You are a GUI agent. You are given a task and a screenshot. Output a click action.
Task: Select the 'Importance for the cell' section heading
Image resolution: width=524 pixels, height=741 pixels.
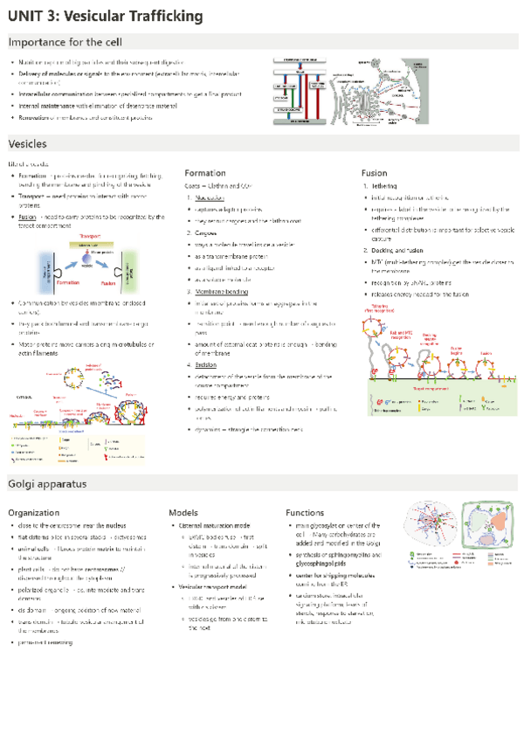(65, 42)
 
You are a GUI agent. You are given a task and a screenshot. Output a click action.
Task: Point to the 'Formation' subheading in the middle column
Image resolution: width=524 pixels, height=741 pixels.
(205, 173)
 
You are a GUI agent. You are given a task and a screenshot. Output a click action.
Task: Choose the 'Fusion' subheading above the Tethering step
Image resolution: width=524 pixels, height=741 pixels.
(375, 173)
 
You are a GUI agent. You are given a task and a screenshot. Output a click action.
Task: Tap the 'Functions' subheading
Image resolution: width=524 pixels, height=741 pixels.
(305, 512)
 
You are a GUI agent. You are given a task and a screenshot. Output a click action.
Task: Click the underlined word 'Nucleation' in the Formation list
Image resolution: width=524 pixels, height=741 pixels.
(210, 197)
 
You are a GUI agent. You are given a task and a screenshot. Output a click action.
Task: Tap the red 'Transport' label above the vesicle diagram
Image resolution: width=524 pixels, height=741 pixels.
(92, 236)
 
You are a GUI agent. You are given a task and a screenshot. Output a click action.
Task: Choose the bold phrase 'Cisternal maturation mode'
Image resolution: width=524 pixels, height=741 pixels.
(214, 525)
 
